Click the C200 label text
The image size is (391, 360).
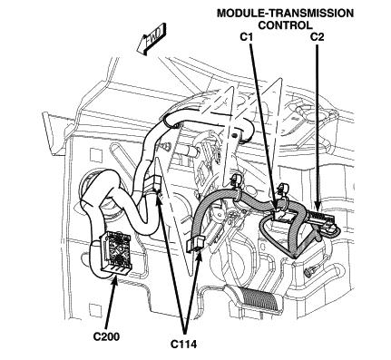pyautogui.click(x=106, y=336)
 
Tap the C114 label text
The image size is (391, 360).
pyautogui.click(x=183, y=344)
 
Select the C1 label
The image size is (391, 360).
pyautogui.click(x=246, y=37)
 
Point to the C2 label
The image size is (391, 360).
pyautogui.click(x=318, y=37)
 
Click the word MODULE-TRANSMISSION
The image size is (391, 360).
pyautogui.click(x=285, y=14)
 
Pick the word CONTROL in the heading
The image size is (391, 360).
pyautogui.click(x=285, y=25)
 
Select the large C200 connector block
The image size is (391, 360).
pyautogui.click(x=115, y=252)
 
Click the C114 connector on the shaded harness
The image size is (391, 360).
pyautogui.click(x=194, y=243)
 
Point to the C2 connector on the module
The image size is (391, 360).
pyautogui.click(x=321, y=219)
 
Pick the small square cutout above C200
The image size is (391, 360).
pyautogui.click(x=93, y=154)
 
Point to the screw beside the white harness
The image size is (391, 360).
pyautogui.click(x=166, y=147)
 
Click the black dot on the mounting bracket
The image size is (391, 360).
pyautogui.click(x=235, y=135)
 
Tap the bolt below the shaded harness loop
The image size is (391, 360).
pyautogui.click(x=310, y=271)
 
